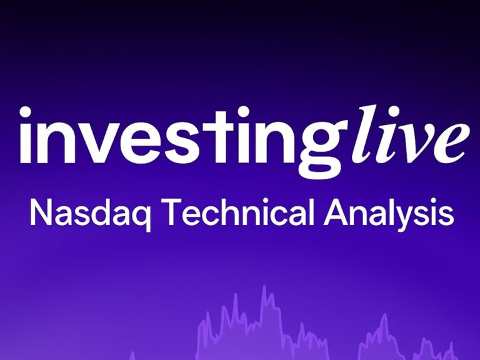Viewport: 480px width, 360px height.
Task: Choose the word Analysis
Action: (389, 214)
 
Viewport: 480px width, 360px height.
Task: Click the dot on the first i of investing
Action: (25, 112)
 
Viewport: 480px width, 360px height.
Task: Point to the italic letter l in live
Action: (362, 134)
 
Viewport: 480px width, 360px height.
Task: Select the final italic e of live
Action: (451, 143)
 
